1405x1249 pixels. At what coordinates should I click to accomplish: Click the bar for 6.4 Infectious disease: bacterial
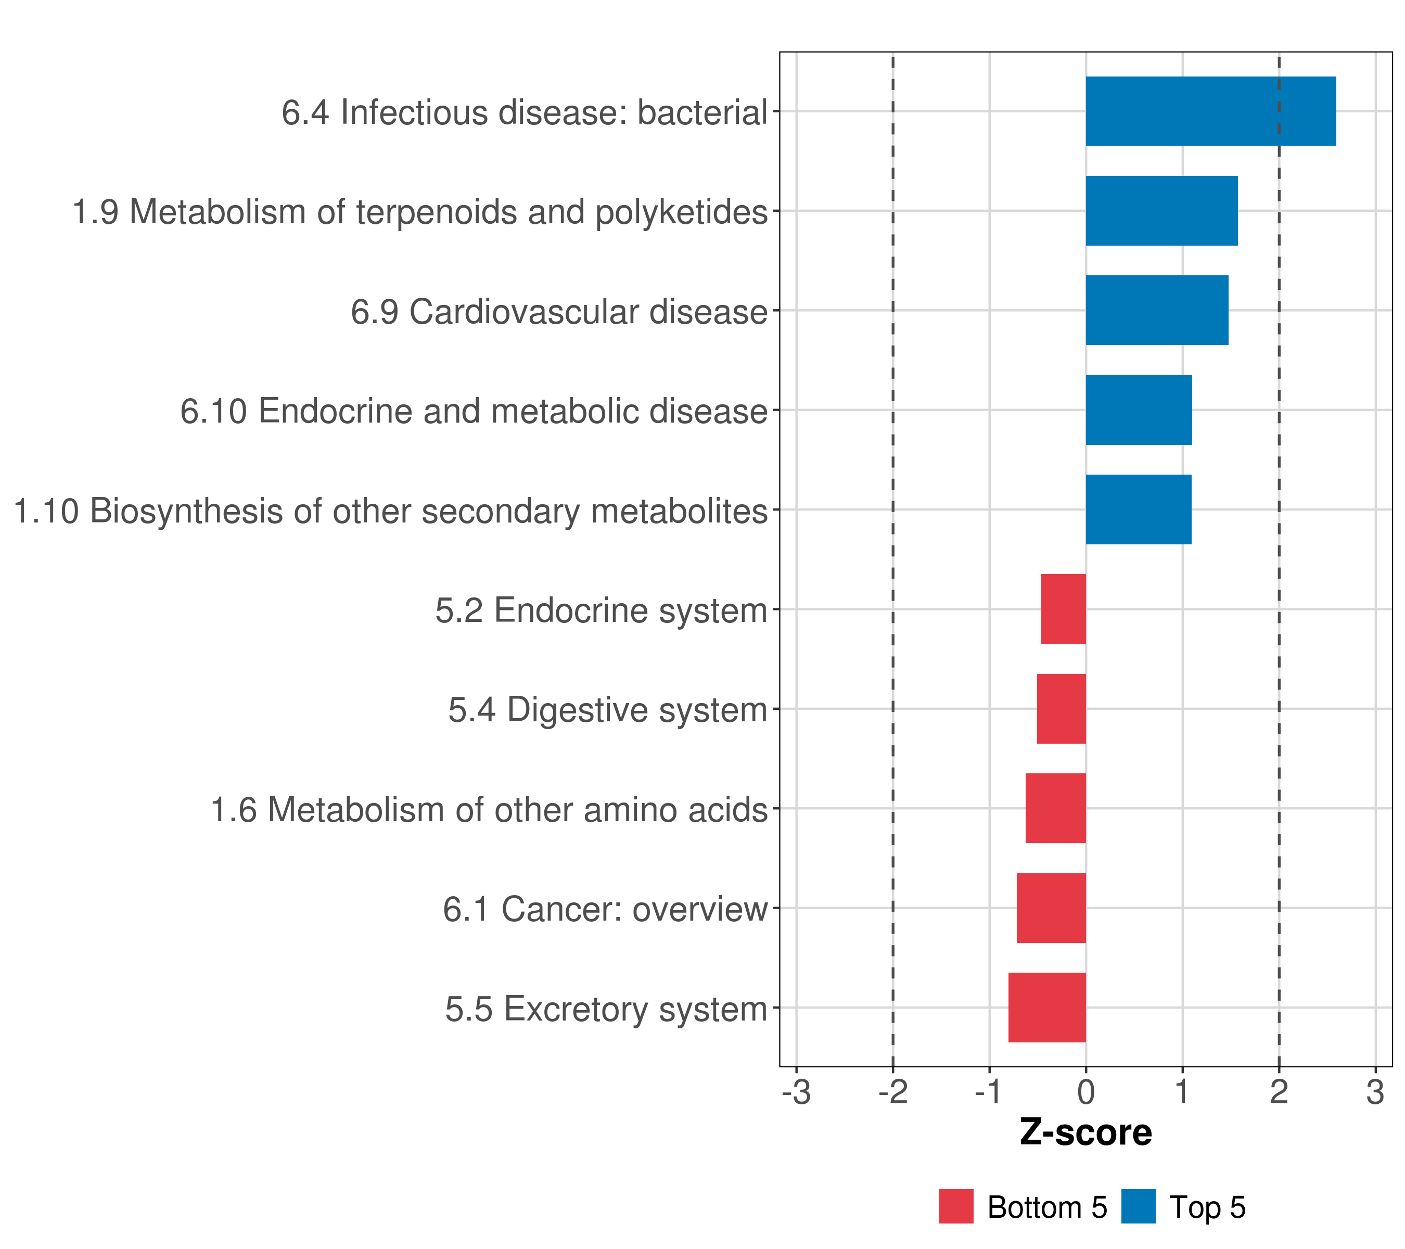1210,111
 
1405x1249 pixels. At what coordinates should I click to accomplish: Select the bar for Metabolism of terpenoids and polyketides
1161,211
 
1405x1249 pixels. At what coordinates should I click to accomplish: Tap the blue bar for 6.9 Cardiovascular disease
1157,310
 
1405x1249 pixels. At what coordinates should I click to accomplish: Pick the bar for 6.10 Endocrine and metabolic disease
1138,411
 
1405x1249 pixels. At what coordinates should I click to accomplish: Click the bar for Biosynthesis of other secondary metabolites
1138,509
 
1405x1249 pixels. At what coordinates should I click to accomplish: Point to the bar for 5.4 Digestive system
1062,709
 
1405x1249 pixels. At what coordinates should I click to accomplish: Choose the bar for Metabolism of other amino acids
1056,808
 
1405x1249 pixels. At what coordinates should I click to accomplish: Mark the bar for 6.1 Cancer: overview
1051,908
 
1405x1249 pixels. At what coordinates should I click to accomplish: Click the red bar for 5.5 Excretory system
1047,1008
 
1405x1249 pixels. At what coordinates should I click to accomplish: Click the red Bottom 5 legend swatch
956,1206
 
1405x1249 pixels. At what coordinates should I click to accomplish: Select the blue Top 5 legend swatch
1138,1206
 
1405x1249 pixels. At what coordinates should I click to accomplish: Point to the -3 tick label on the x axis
796,1092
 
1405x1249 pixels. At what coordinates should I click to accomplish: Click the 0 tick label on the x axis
1086,1092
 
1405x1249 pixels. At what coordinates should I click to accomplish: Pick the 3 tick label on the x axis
1375,1092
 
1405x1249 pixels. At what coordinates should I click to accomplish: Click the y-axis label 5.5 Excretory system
606,1009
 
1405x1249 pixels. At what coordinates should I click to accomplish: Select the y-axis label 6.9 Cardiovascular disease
559,311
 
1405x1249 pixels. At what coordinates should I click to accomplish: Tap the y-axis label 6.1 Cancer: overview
605,909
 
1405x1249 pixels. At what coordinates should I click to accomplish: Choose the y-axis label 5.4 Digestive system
608,710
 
